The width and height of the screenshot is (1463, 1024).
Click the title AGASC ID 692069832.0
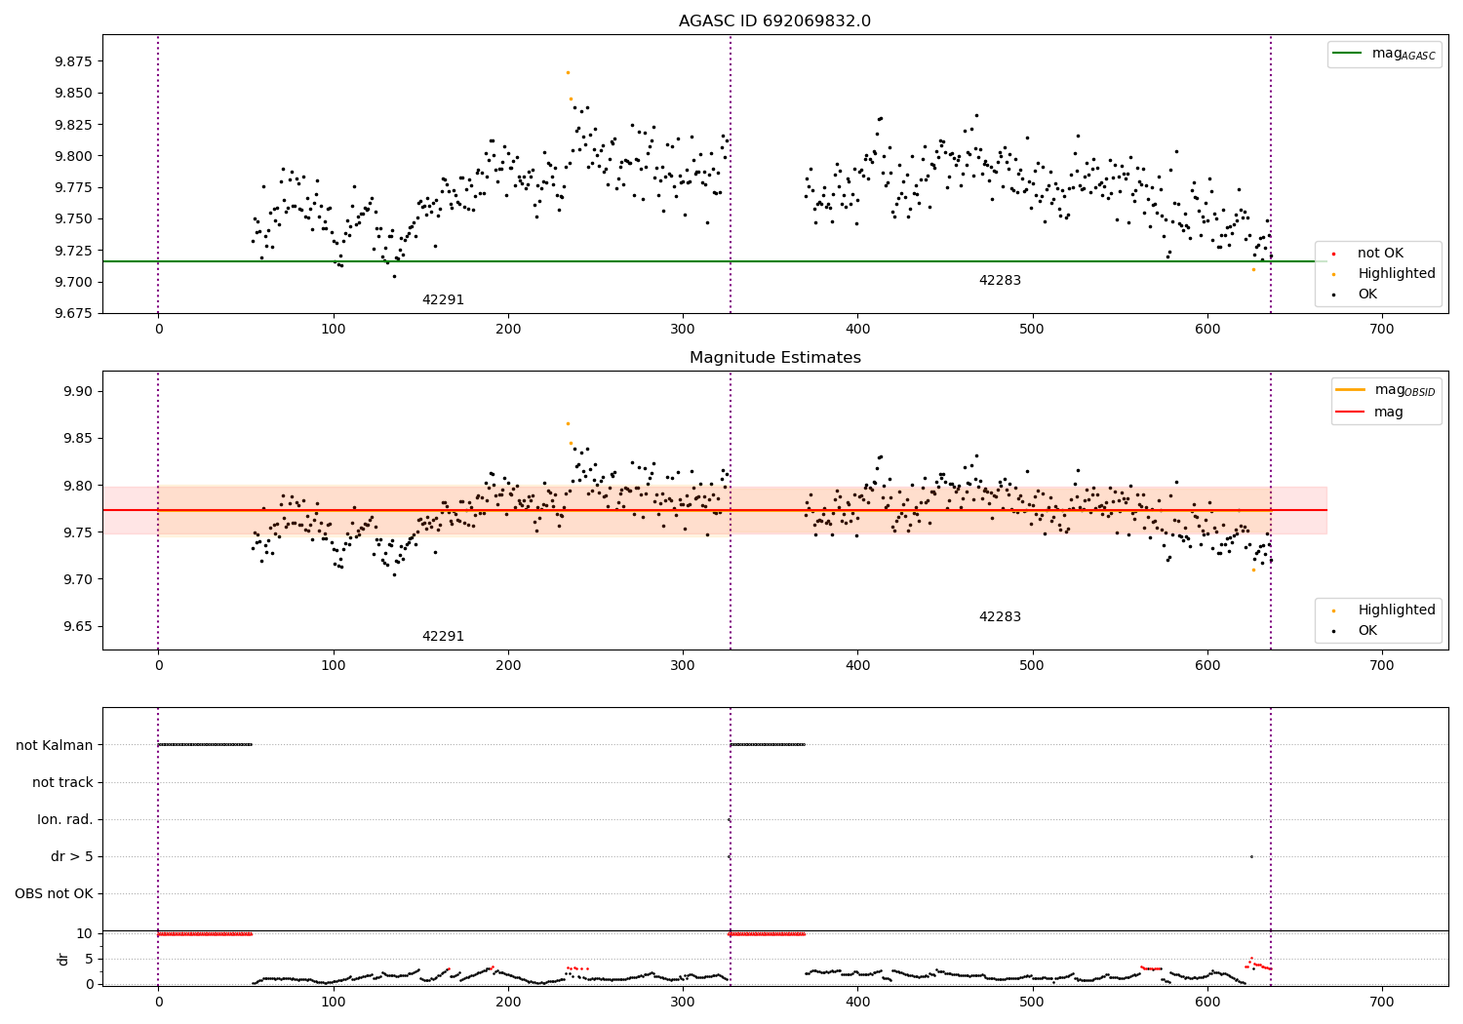click(x=774, y=21)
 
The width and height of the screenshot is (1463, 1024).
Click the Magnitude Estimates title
click(x=774, y=358)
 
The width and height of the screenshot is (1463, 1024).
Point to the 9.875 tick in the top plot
click(x=73, y=61)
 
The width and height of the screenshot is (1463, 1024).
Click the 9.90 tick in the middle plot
click(x=77, y=392)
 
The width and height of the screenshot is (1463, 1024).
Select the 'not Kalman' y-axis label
click(x=55, y=745)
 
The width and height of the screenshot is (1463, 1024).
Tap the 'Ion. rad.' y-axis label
click(x=65, y=820)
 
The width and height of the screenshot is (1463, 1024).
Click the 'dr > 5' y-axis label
click(x=72, y=857)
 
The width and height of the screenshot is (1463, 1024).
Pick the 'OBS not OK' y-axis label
click(x=55, y=894)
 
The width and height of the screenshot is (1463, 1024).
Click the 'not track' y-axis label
click(x=62, y=782)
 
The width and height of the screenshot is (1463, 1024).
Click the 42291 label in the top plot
click(x=443, y=300)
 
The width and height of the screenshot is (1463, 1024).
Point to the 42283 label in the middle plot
click(x=1000, y=617)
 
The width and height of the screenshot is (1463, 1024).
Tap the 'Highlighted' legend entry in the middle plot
click(x=1396, y=610)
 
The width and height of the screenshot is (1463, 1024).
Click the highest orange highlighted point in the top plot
click(x=568, y=72)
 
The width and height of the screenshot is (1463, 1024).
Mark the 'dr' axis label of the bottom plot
click(x=63, y=959)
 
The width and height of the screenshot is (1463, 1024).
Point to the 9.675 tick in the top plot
click(x=73, y=313)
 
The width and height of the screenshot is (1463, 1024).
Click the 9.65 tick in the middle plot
click(x=77, y=627)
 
